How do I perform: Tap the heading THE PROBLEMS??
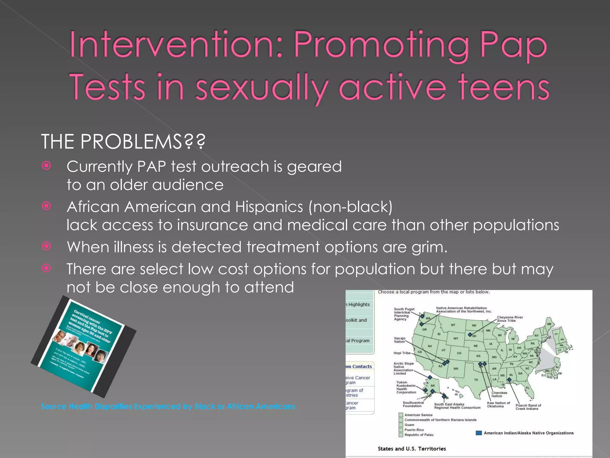[x=123, y=141]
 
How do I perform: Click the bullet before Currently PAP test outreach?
[x=46, y=165]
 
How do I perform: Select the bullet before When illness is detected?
[x=46, y=246]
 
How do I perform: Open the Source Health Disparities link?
[x=168, y=406]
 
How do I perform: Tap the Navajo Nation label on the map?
[x=399, y=340]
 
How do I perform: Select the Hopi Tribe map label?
[x=402, y=353]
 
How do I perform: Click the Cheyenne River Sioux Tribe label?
[x=510, y=319]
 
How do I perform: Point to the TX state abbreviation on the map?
[x=476, y=380]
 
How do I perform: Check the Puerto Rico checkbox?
[x=401, y=430]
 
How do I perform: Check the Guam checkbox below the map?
[x=401, y=425]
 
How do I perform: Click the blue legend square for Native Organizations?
[x=479, y=433]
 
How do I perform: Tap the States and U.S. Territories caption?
[x=412, y=449]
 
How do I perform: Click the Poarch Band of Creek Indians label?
[x=528, y=407]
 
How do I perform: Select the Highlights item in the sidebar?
[x=359, y=304]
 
